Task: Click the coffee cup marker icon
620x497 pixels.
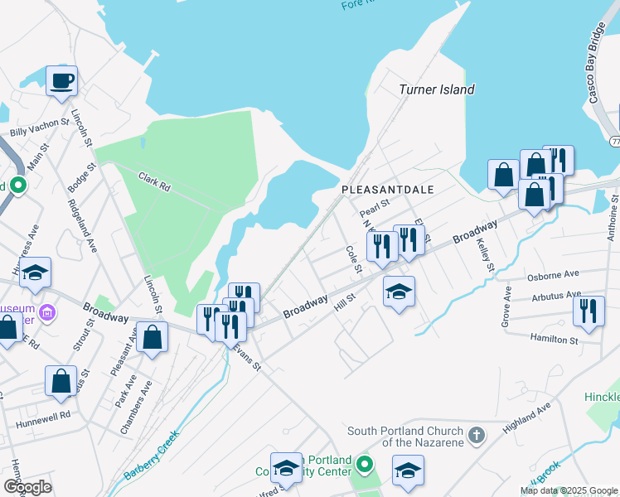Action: pos(61,81)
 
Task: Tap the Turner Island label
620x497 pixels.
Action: pos(436,89)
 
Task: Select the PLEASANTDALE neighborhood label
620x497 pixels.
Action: pos(388,190)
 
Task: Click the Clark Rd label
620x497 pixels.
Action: pos(154,183)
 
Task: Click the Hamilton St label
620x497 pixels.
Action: pos(553,340)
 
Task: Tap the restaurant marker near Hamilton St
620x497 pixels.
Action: pos(589,311)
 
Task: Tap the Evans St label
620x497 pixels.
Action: pos(246,356)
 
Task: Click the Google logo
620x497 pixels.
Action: pos(27,487)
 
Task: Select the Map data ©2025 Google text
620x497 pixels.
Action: pos(568,490)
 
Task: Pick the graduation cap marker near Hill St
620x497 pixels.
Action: pos(399,292)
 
